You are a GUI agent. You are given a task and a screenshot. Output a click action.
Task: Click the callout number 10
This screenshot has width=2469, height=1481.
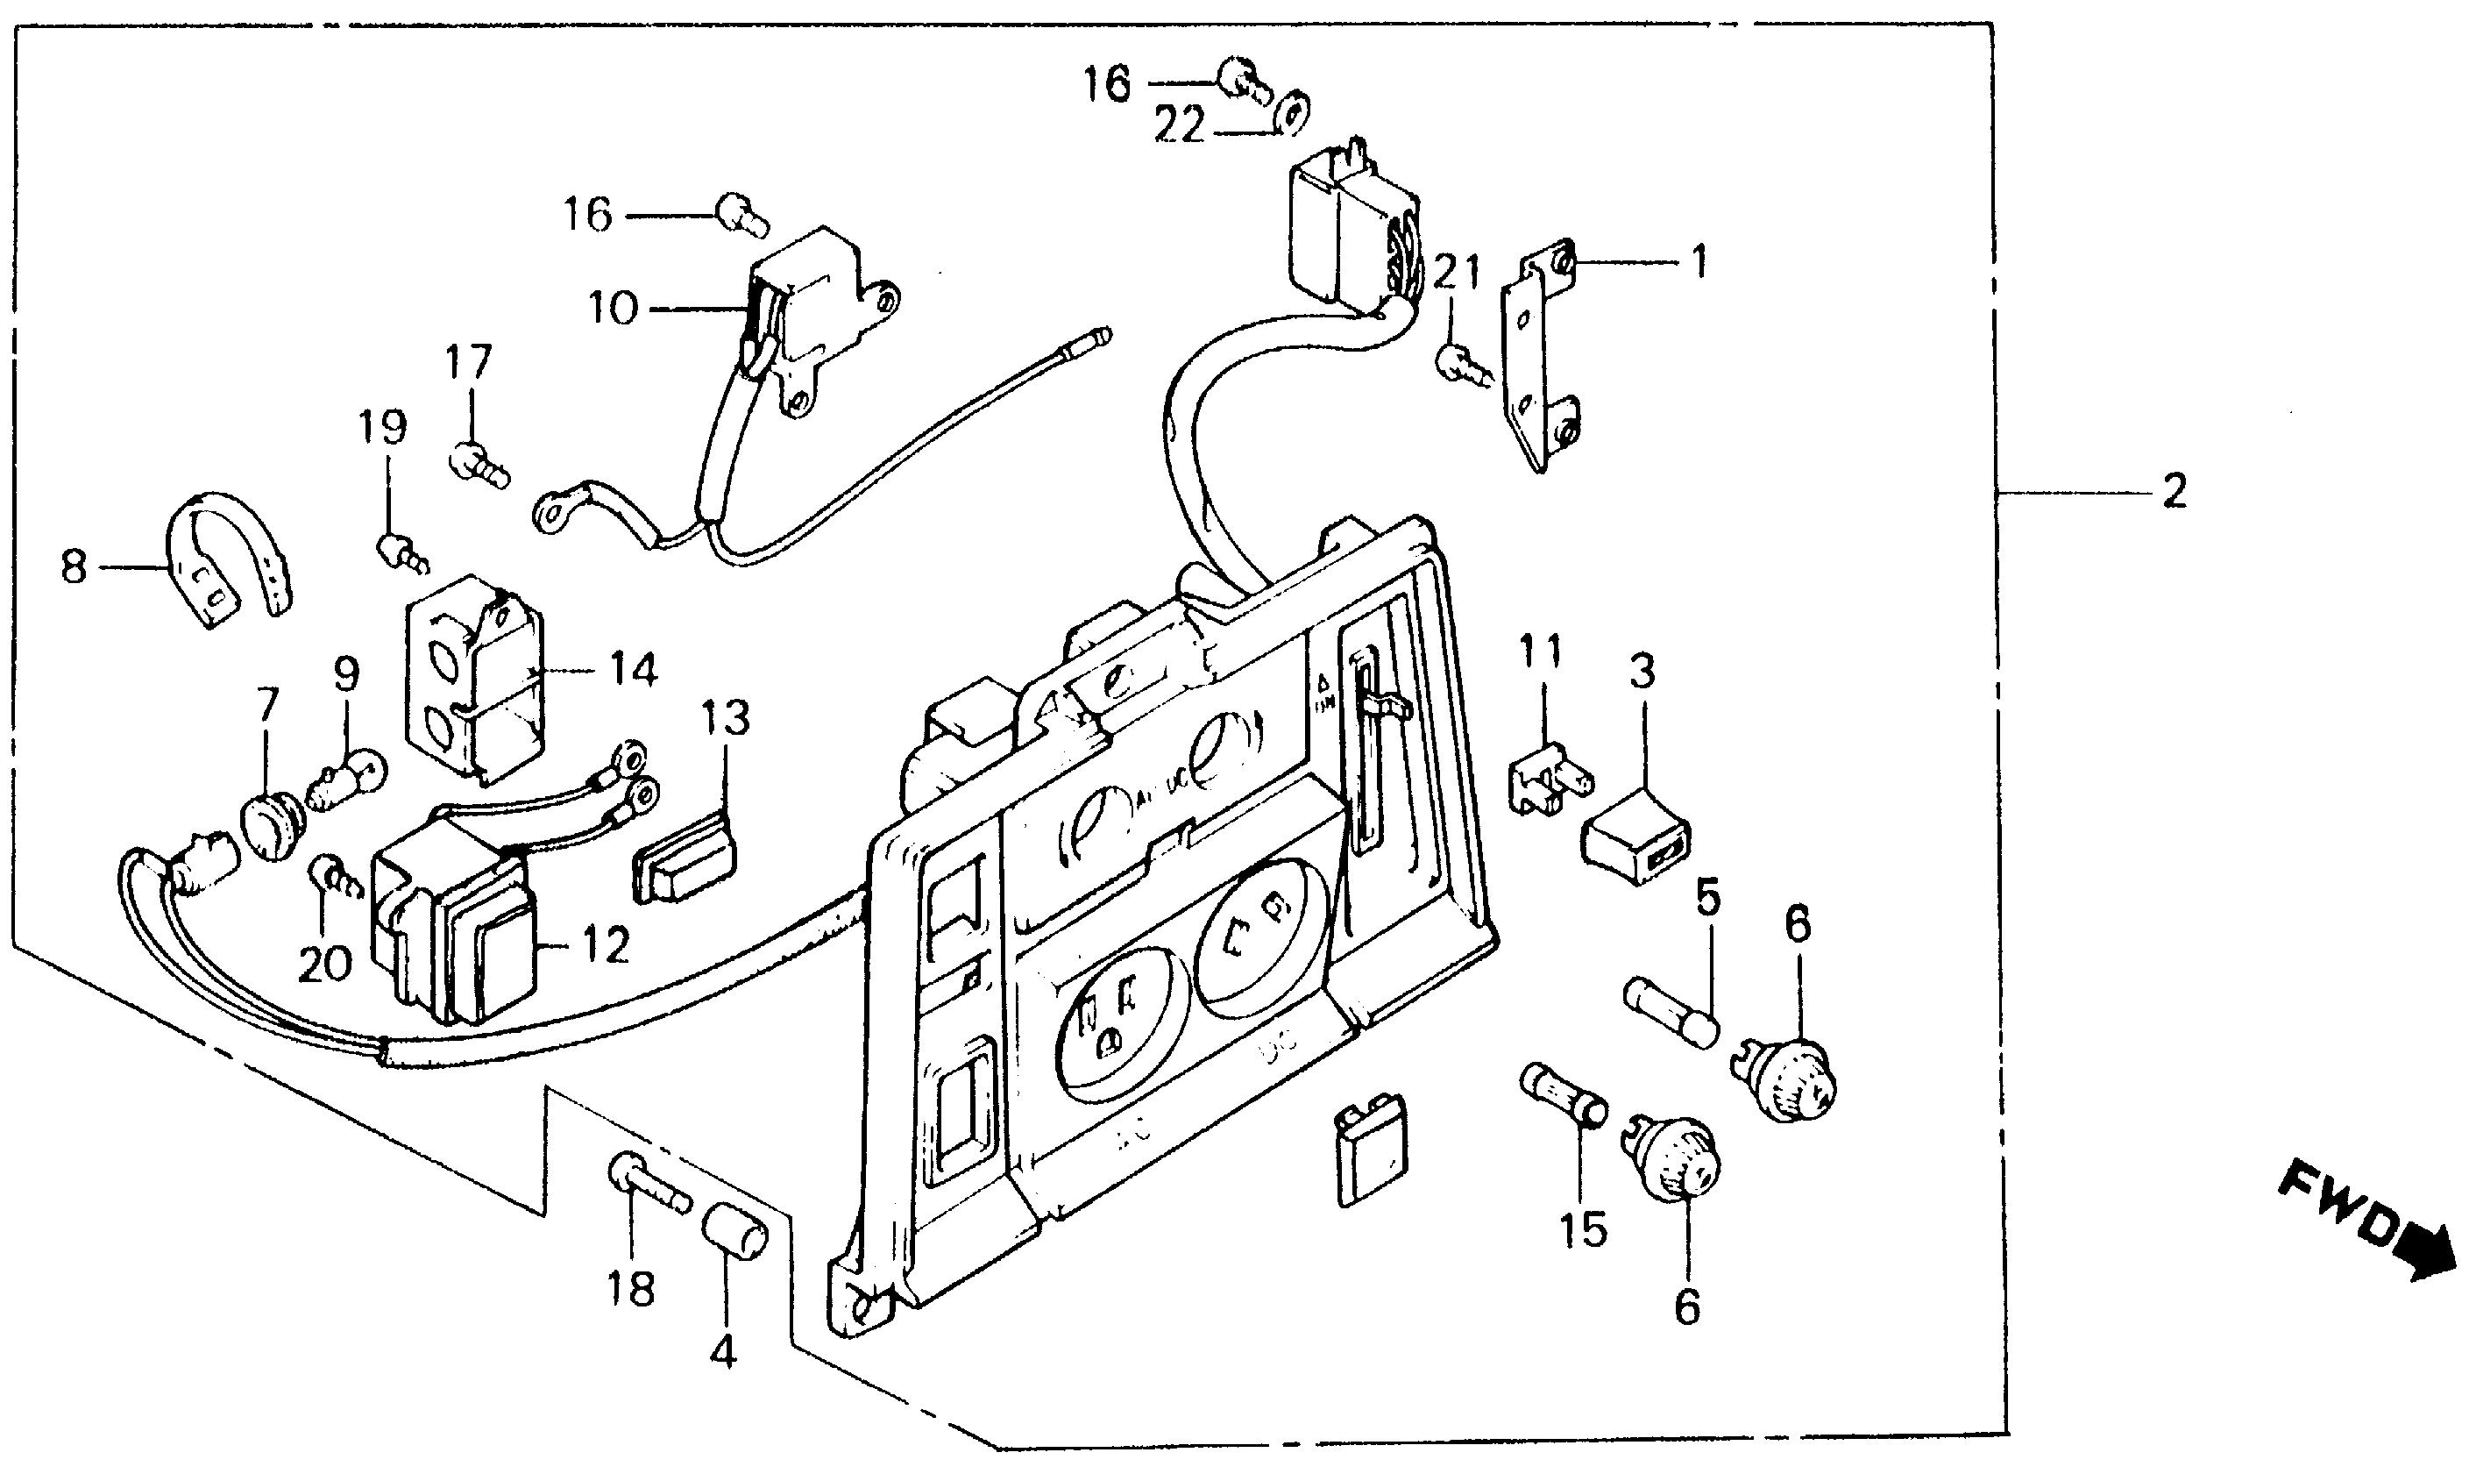pos(612,309)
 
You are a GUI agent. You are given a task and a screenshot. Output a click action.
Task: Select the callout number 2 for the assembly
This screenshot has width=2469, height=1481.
pos(2174,491)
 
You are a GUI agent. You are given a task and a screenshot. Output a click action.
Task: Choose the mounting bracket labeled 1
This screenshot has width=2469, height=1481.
pos(1541,354)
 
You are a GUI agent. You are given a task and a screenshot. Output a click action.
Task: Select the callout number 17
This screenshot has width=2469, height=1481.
pos(469,362)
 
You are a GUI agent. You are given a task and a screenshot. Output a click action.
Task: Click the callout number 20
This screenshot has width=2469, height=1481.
pos(325,963)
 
